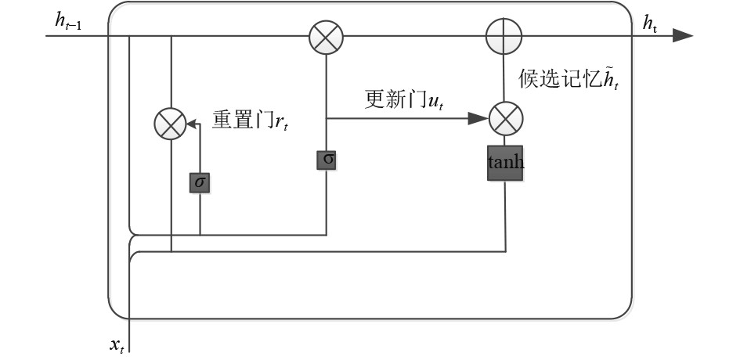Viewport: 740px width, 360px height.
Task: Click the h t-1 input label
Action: click(68, 22)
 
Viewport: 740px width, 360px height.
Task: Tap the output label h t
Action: click(650, 23)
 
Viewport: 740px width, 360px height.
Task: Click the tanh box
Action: click(505, 163)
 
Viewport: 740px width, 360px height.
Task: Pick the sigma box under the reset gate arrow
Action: click(200, 182)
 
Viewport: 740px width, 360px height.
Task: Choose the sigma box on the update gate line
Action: click(327, 160)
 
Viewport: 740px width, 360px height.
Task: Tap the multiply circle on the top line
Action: click(326, 36)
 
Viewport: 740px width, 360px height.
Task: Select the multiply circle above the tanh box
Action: click(505, 119)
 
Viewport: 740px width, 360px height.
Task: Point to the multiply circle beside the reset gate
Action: click(170, 124)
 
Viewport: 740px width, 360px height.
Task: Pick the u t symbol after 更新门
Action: click(435, 102)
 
